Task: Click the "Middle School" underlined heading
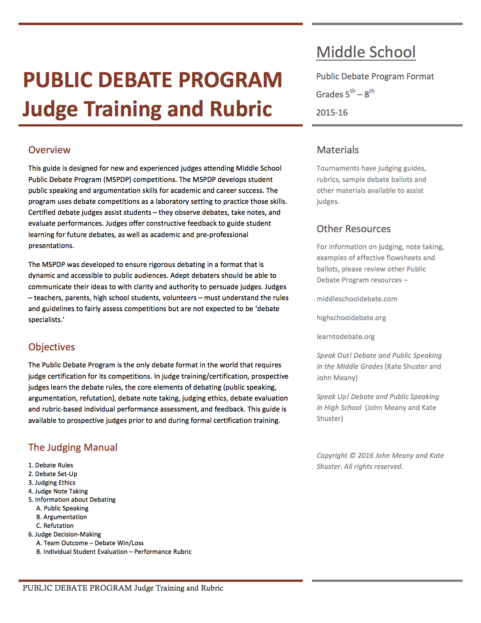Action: click(x=366, y=52)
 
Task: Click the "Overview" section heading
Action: click(x=49, y=150)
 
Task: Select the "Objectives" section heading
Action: click(x=52, y=347)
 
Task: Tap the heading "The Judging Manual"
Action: click(x=73, y=447)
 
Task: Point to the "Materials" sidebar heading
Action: click(x=338, y=150)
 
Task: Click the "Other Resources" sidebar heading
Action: click(x=353, y=229)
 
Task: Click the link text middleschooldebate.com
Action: click(x=357, y=299)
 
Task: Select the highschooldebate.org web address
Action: click(x=351, y=318)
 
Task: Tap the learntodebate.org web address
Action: click(x=346, y=337)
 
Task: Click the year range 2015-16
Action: click(x=332, y=113)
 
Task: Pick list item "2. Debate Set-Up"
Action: click(x=53, y=474)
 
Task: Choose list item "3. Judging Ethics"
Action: click(x=52, y=483)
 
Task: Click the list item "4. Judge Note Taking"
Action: click(x=58, y=491)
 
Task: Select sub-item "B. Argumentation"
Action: click(x=61, y=517)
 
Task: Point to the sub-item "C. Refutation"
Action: click(x=55, y=526)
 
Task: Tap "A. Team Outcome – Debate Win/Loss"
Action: click(x=90, y=543)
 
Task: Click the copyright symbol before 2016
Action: click(x=352, y=456)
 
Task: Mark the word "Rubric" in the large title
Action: click(x=241, y=109)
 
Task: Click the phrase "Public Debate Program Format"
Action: click(x=375, y=77)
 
